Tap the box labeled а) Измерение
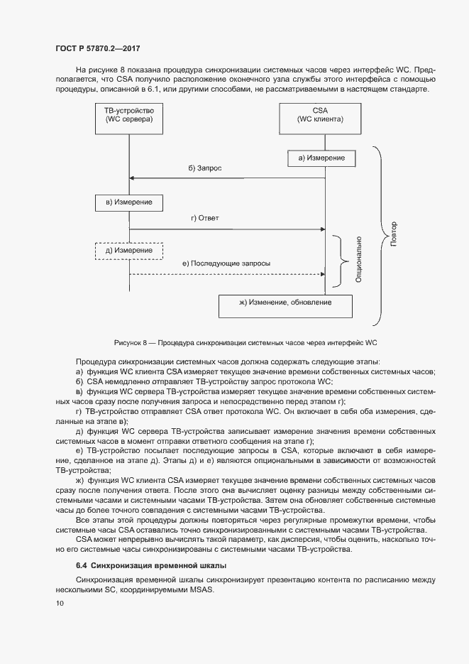tap(321, 158)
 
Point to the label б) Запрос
tap(205, 168)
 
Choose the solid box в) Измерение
tap(128, 203)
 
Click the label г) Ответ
tap(205, 218)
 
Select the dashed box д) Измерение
tap(128, 251)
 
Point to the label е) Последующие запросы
tap(226, 263)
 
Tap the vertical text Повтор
tap(394, 234)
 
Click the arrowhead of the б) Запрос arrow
tap(132, 178)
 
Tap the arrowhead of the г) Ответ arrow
tap(321, 229)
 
